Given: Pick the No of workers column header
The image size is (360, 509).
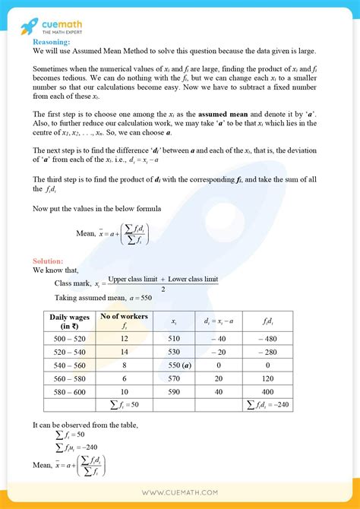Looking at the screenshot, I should pyautogui.click(x=123, y=321).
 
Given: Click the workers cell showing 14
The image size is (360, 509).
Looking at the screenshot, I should pyautogui.click(x=123, y=353).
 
